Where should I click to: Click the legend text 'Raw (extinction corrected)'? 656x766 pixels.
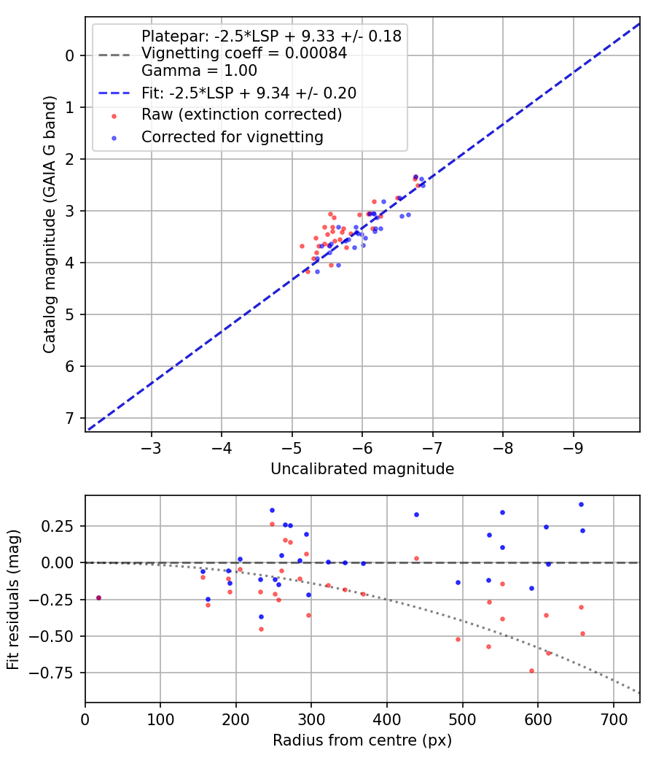tap(241, 115)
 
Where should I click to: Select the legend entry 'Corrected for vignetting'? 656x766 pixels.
tap(232, 136)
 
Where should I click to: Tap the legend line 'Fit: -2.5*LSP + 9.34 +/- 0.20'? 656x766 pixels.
tap(249, 93)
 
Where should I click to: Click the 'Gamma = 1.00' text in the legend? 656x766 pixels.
tap(199, 71)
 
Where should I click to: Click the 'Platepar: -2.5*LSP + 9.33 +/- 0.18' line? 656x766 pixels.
tap(271, 36)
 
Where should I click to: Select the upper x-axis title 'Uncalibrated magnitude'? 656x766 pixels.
tap(362, 469)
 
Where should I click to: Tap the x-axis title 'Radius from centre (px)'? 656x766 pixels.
tap(362, 740)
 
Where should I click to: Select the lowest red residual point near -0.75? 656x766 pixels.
tap(531, 670)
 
